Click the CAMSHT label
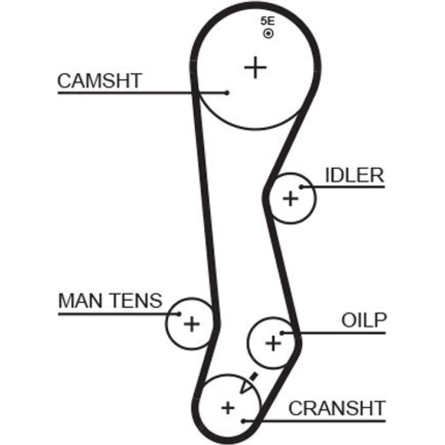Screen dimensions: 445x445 (99, 81)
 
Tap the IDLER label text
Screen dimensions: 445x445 (354, 176)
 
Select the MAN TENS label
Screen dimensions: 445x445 (110, 301)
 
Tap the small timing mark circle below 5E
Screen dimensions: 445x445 (268, 33)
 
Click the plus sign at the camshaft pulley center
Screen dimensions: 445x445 (255, 68)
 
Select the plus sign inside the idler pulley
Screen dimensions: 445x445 (291, 198)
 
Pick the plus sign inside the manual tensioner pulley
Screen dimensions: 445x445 (192, 324)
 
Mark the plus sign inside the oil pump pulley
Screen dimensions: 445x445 (273, 343)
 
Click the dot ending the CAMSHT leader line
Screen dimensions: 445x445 (227, 93)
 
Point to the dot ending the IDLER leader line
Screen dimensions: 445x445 (301, 187)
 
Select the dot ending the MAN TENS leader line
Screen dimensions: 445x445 (179, 313)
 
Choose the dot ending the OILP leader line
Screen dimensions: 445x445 (282, 332)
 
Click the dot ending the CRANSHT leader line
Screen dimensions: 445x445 (243, 420)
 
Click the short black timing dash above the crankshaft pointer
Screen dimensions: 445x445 (254, 376)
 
